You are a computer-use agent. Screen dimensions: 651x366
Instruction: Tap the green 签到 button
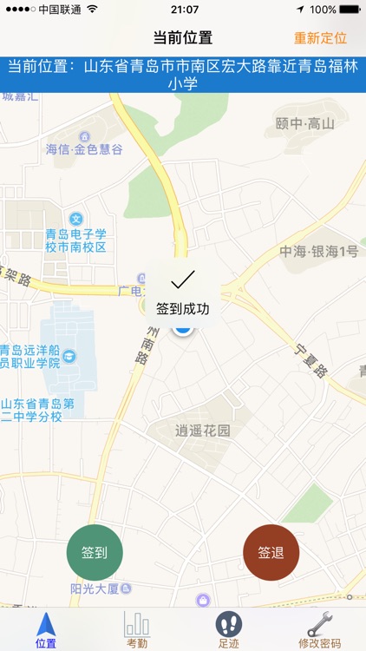pos(95,553)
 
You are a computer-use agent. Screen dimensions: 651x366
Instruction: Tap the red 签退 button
pos(271,553)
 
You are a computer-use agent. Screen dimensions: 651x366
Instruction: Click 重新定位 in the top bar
pos(320,38)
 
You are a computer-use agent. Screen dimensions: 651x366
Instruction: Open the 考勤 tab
pos(137,628)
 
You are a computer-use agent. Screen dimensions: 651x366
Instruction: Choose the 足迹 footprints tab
pos(229,628)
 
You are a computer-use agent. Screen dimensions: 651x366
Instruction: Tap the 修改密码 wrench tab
pos(320,628)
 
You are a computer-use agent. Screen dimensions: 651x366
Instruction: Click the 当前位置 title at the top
pos(182,38)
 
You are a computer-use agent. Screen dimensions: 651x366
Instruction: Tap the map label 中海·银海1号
pos(318,252)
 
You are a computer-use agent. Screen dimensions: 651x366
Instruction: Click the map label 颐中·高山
pos(304,124)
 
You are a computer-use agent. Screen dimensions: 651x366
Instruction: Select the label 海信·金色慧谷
pos(84,149)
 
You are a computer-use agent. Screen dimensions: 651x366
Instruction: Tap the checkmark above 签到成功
pos(182,279)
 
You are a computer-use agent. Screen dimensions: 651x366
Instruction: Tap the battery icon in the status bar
pos(350,10)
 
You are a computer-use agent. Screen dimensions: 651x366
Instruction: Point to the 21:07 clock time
pos(184,10)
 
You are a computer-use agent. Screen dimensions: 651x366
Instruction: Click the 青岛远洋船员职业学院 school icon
pos(69,356)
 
